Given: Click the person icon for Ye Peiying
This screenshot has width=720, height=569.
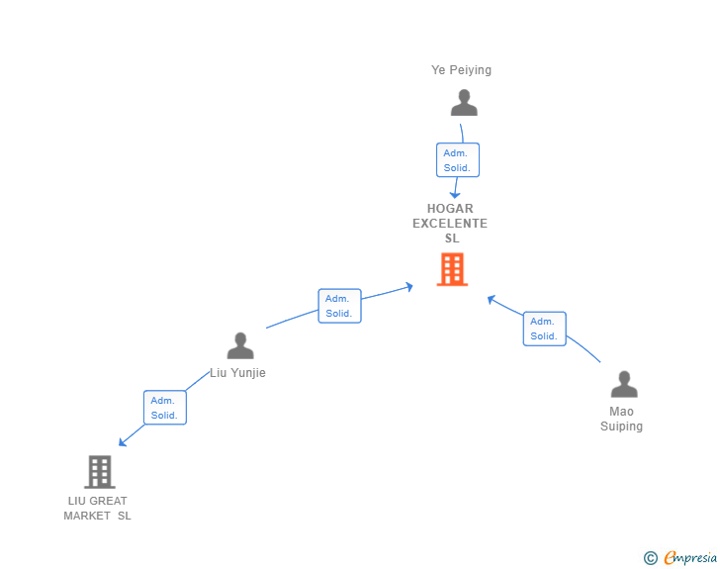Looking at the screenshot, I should pyautogui.click(x=463, y=102).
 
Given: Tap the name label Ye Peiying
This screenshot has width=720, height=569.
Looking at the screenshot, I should pyautogui.click(x=461, y=70).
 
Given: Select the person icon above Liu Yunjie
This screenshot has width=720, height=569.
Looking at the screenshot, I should pyautogui.click(x=240, y=345).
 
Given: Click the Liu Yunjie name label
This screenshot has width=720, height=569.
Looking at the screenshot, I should pyautogui.click(x=237, y=373).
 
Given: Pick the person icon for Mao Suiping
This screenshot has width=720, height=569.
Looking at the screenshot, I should pyautogui.click(x=624, y=383).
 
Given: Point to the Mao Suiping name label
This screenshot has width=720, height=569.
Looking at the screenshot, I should pyautogui.click(x=621, y=419).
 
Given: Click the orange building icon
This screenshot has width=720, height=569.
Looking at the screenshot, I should pyautogui.click(x=452, y=269).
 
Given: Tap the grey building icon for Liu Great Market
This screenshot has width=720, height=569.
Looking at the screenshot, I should pyautogui.click(x=100, y=472).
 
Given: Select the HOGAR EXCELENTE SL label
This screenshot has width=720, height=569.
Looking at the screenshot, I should pyautogui.click(x=450, y=224).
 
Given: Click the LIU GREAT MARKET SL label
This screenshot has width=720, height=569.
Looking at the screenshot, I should pyautogui.click(x=97, y=508).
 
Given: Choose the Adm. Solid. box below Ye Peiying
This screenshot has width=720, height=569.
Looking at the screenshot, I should pyautogui.click(x=457, y=160).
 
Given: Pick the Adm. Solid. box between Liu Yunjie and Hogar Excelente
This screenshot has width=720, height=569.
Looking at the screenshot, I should pyautogui.click(x=339, y=306).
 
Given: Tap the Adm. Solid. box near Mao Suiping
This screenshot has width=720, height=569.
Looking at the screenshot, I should pyautogui.click(x=544, y=329).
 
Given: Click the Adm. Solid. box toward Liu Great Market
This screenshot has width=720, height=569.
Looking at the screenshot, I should pyautogui.click(x=164, y=408).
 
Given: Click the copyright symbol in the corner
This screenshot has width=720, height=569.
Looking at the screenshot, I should pyautogui.click(x=650, y=558).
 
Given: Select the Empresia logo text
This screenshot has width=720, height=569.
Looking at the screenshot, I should pyautogui.click(x=690, y=557).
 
